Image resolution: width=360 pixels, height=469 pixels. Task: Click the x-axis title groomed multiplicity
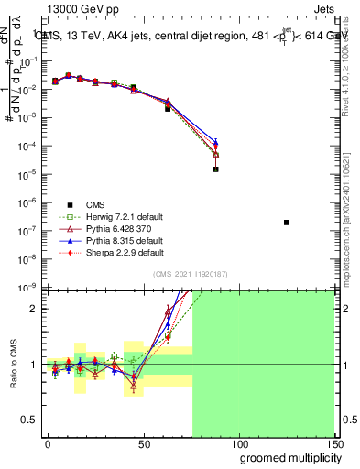click(x=286, y=457)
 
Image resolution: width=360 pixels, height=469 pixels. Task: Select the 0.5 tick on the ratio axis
click(x=29, y=420)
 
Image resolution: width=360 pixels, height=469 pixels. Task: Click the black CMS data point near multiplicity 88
click(x=215, y=169)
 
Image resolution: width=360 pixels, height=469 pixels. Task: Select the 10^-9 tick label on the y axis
click(x=26, y=287)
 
